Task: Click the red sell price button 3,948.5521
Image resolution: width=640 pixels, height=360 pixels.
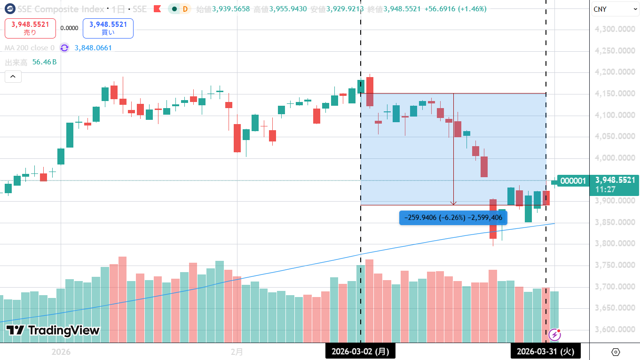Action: (x=30, y=28)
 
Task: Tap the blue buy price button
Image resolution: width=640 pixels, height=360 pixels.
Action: (x=108, y=28)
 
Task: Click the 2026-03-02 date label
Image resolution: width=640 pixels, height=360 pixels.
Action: (x=360, y=351)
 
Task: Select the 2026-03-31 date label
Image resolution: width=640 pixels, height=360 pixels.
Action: (x=545, y=351)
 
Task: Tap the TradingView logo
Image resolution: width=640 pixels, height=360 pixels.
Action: (x=53, y=330)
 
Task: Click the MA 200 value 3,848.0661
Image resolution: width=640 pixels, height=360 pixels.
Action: (x=93, y=48)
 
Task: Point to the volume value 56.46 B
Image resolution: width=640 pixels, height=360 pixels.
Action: (x=44, y=62)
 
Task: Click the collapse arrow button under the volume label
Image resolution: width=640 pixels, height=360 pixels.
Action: (x=13, y=76)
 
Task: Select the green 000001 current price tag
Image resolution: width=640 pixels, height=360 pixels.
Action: (x=572, y=180)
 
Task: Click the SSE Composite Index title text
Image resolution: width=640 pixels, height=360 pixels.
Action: (x=61, y=9)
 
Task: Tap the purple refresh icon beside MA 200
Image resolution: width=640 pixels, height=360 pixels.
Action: (x=64, y=48)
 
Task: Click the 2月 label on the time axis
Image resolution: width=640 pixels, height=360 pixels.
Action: (x=237, y=352)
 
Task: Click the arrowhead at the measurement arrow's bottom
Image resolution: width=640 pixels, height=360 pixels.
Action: (x=453, y=203)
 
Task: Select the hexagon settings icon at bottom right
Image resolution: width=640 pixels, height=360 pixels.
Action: (x=616, y=352)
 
